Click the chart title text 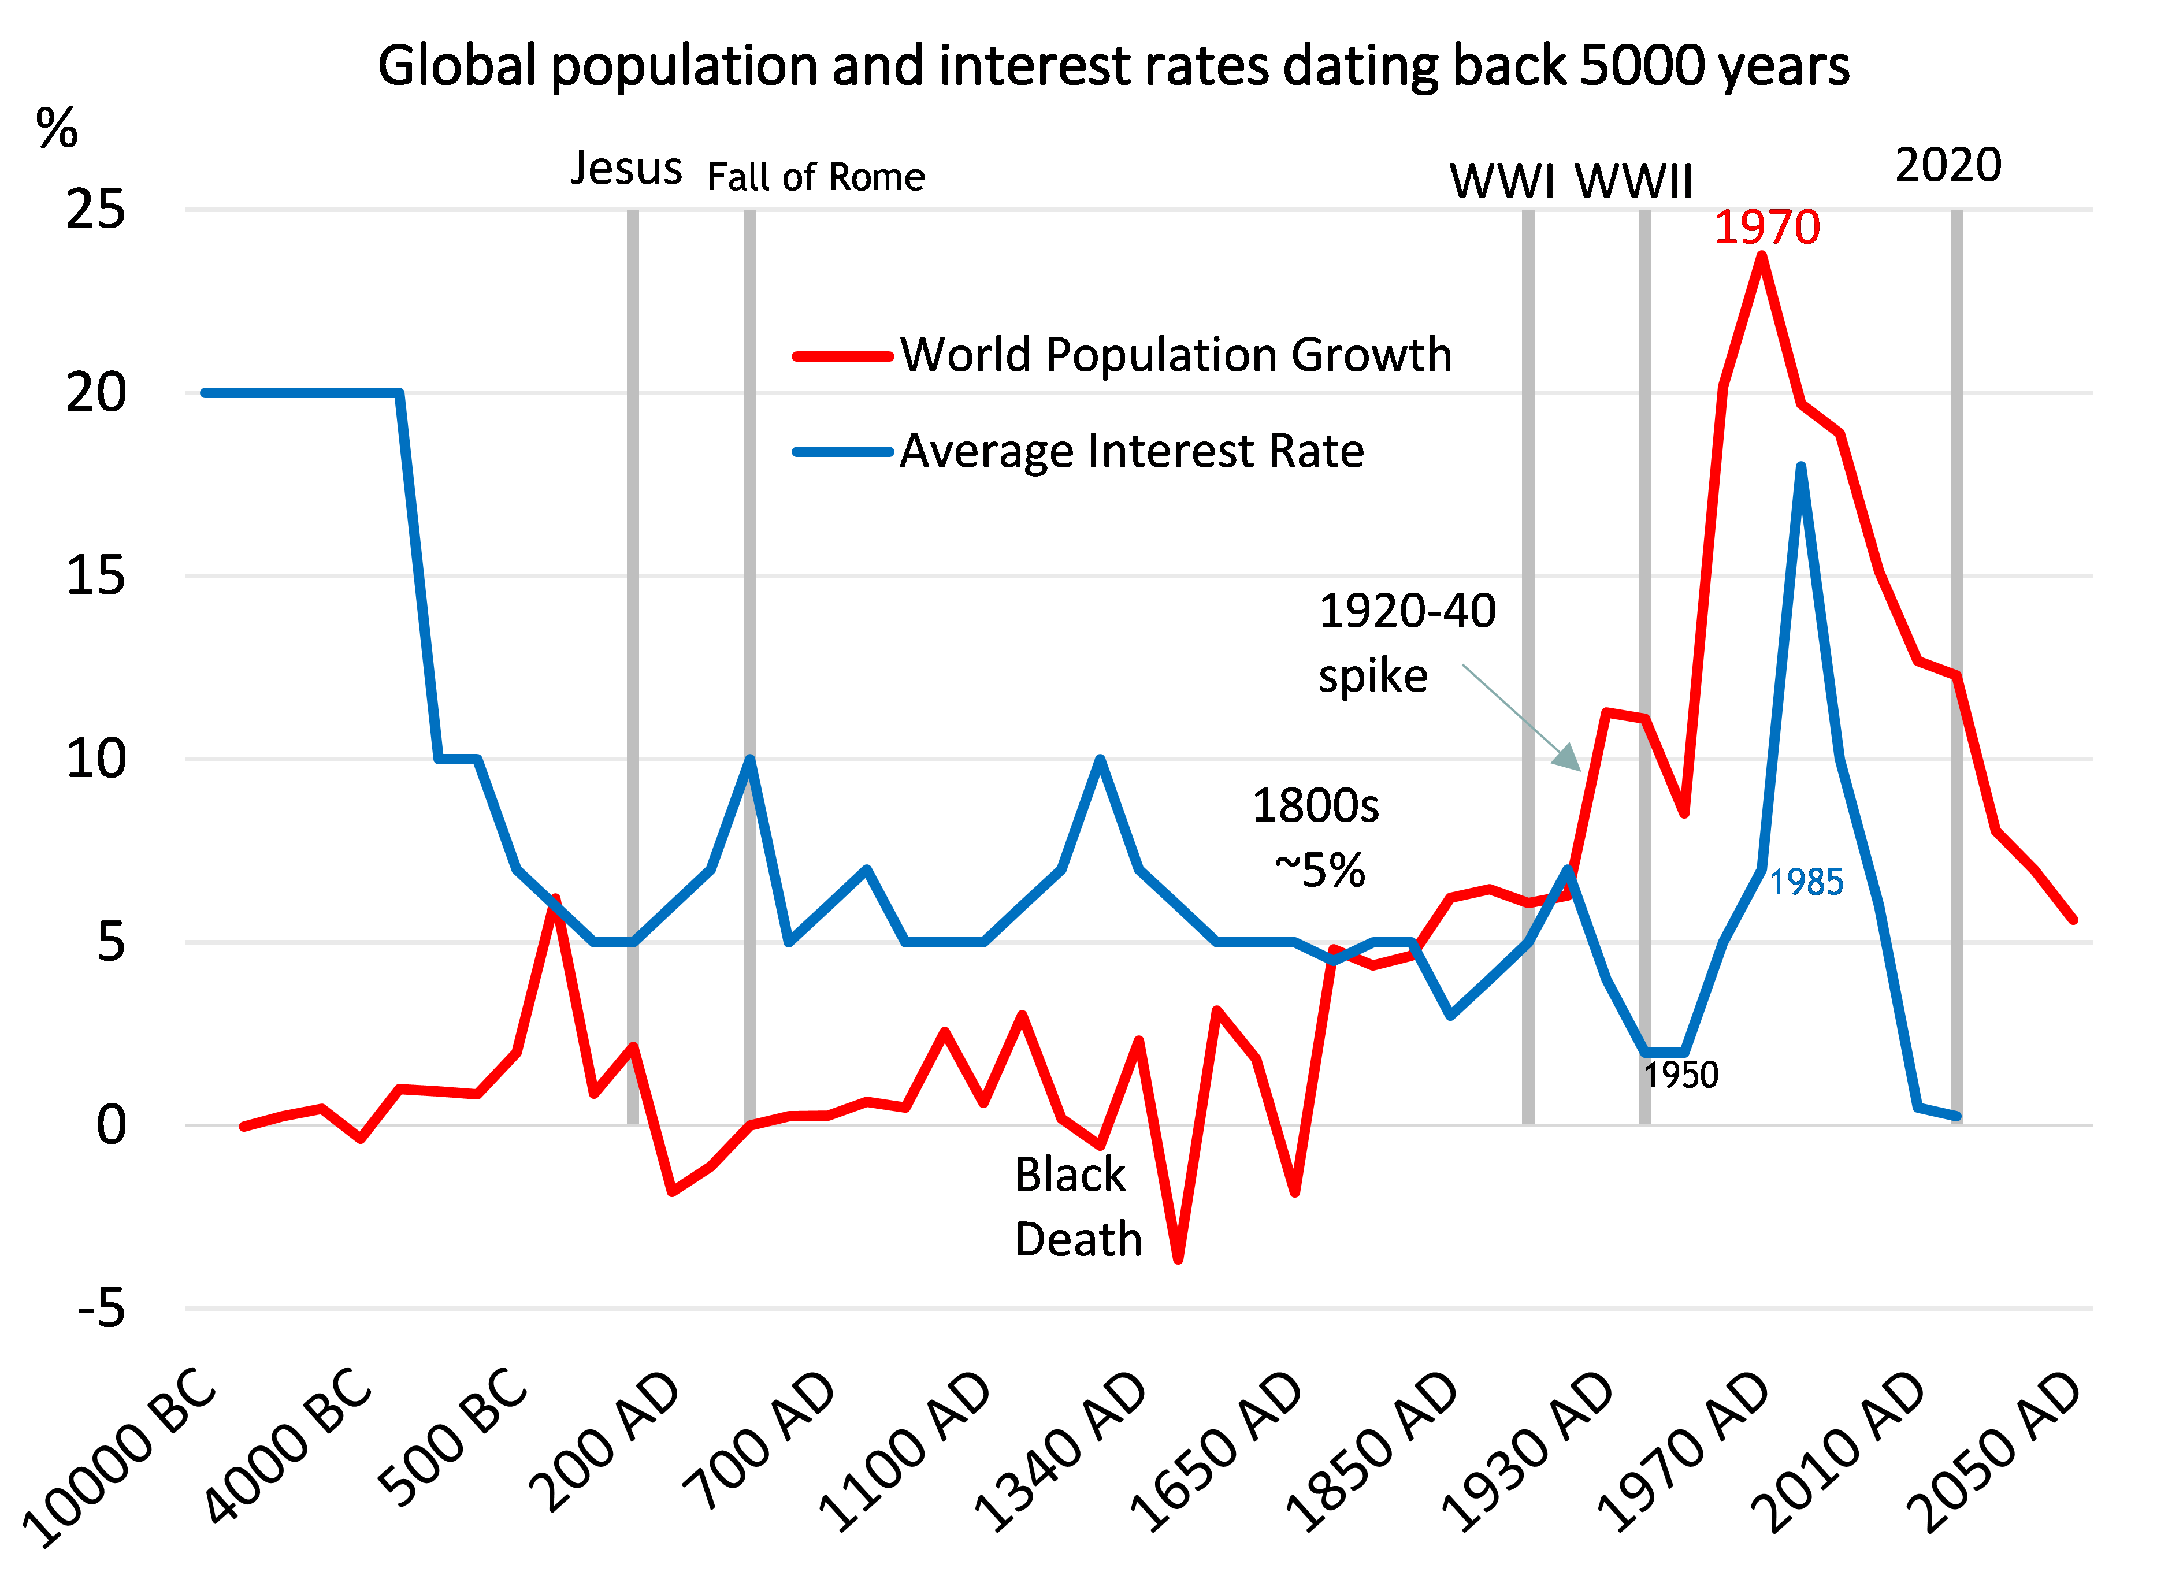(1112, 67)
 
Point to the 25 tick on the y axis (96, 209)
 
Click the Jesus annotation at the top (626, 169)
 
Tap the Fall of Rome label (815, 178)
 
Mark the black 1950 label (1681, 1075)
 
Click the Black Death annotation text (1077, 1207)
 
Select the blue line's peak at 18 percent (1800, 467)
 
